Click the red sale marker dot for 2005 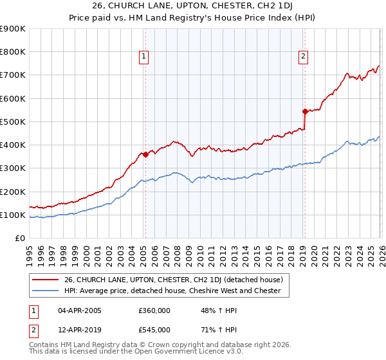pos(145,154)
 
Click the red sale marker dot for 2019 pos(304,111)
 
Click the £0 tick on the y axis pos(19,238)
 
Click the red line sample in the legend pos(46,280)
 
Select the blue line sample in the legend pos(46,291)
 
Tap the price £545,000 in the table pos(154,330)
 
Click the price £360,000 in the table pos(154,311)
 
